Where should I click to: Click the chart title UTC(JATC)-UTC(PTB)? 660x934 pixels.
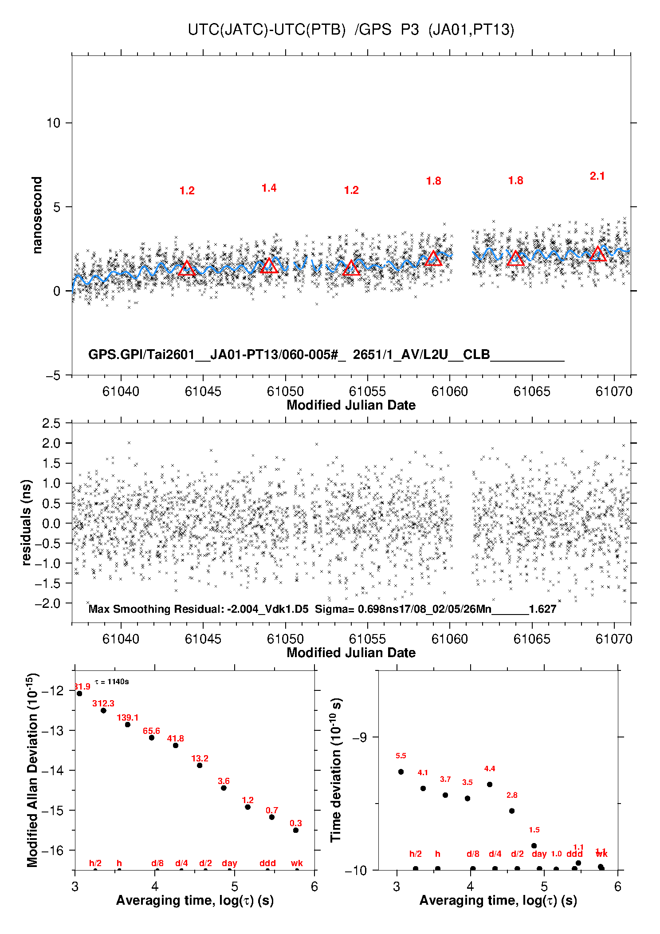(266, 30)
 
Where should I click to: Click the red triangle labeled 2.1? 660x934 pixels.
(597, 254)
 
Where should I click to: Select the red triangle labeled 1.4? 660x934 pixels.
(269, 266)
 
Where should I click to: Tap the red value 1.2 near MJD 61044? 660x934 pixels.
(187, 191)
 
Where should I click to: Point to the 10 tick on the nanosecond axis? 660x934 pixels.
(53, 123)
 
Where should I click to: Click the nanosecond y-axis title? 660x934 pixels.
(37, 215)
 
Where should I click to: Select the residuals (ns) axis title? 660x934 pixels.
(27, 522)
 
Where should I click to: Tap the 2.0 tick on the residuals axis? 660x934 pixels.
(51, 443)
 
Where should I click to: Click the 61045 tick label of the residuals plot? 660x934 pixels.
(203, 639)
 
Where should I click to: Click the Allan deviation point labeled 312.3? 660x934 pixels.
(103, 710)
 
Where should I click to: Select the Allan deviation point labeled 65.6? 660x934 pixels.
(151, 737)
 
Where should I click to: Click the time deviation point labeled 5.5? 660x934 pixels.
(401, 772)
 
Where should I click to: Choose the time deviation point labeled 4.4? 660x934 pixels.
(490, 784)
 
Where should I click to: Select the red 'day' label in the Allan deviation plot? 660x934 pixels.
(229, 863)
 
